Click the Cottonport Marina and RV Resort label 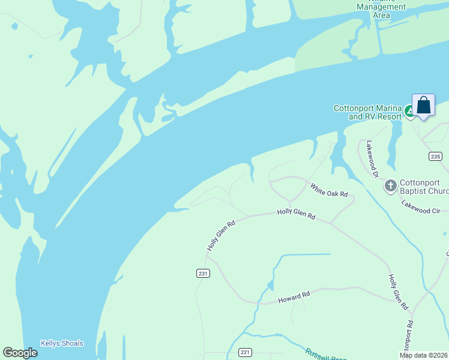click(x=367, y=112)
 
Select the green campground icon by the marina click(x=409, y=111)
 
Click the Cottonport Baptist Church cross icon click(x=390, y=185)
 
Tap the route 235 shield click(x=436, y=156)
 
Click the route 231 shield click(x=203, y=273)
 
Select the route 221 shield click(x=245, y=352)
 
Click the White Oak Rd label click(x=329, y=190)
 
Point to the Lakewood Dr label click(x=373, y=160)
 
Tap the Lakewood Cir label click(x=424, y=207)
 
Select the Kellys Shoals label click(x=62, y=344)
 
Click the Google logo click(x=20, y=353)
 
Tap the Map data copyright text click(x=424, y=355)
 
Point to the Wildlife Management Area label click(x=381, y=10)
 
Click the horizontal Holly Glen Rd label click(x=296, y=213)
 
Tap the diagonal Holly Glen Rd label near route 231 click(x=220, y=235)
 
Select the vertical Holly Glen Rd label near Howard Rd click(x=397, y=289)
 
